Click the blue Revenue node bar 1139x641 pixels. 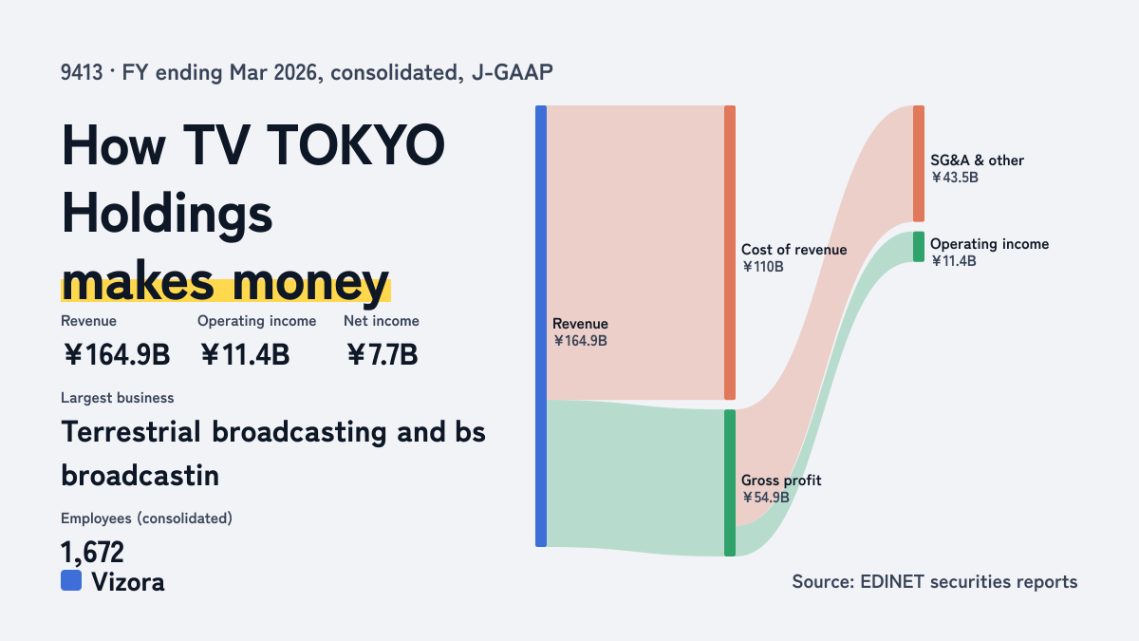(x=541, y=326)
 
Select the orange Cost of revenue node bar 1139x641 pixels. (x=730, y=253)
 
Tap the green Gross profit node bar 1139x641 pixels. (x=730, y=482)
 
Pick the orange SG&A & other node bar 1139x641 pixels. (x=919, y=163)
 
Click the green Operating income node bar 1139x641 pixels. (x=919, y=247)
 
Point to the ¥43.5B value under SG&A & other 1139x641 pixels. (x=955, y=178)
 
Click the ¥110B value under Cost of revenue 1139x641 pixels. (x=762, y=267)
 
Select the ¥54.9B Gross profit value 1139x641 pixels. (x=765, y=497)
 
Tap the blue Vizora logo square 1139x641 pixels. (x=71, y=580)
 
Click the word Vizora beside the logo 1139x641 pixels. (x=128, y=582)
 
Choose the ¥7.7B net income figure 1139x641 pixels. (x=382, y=354)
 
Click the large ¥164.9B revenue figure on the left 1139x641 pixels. (x=117, y=354)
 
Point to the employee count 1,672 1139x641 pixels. (x=92, y=552)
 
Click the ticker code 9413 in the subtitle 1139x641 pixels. (x=82, y=72)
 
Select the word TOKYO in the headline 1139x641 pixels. (x=355, y=145)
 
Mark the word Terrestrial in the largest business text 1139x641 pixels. (x=131, y=432)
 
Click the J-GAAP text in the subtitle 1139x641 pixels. (x=512, y=72)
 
